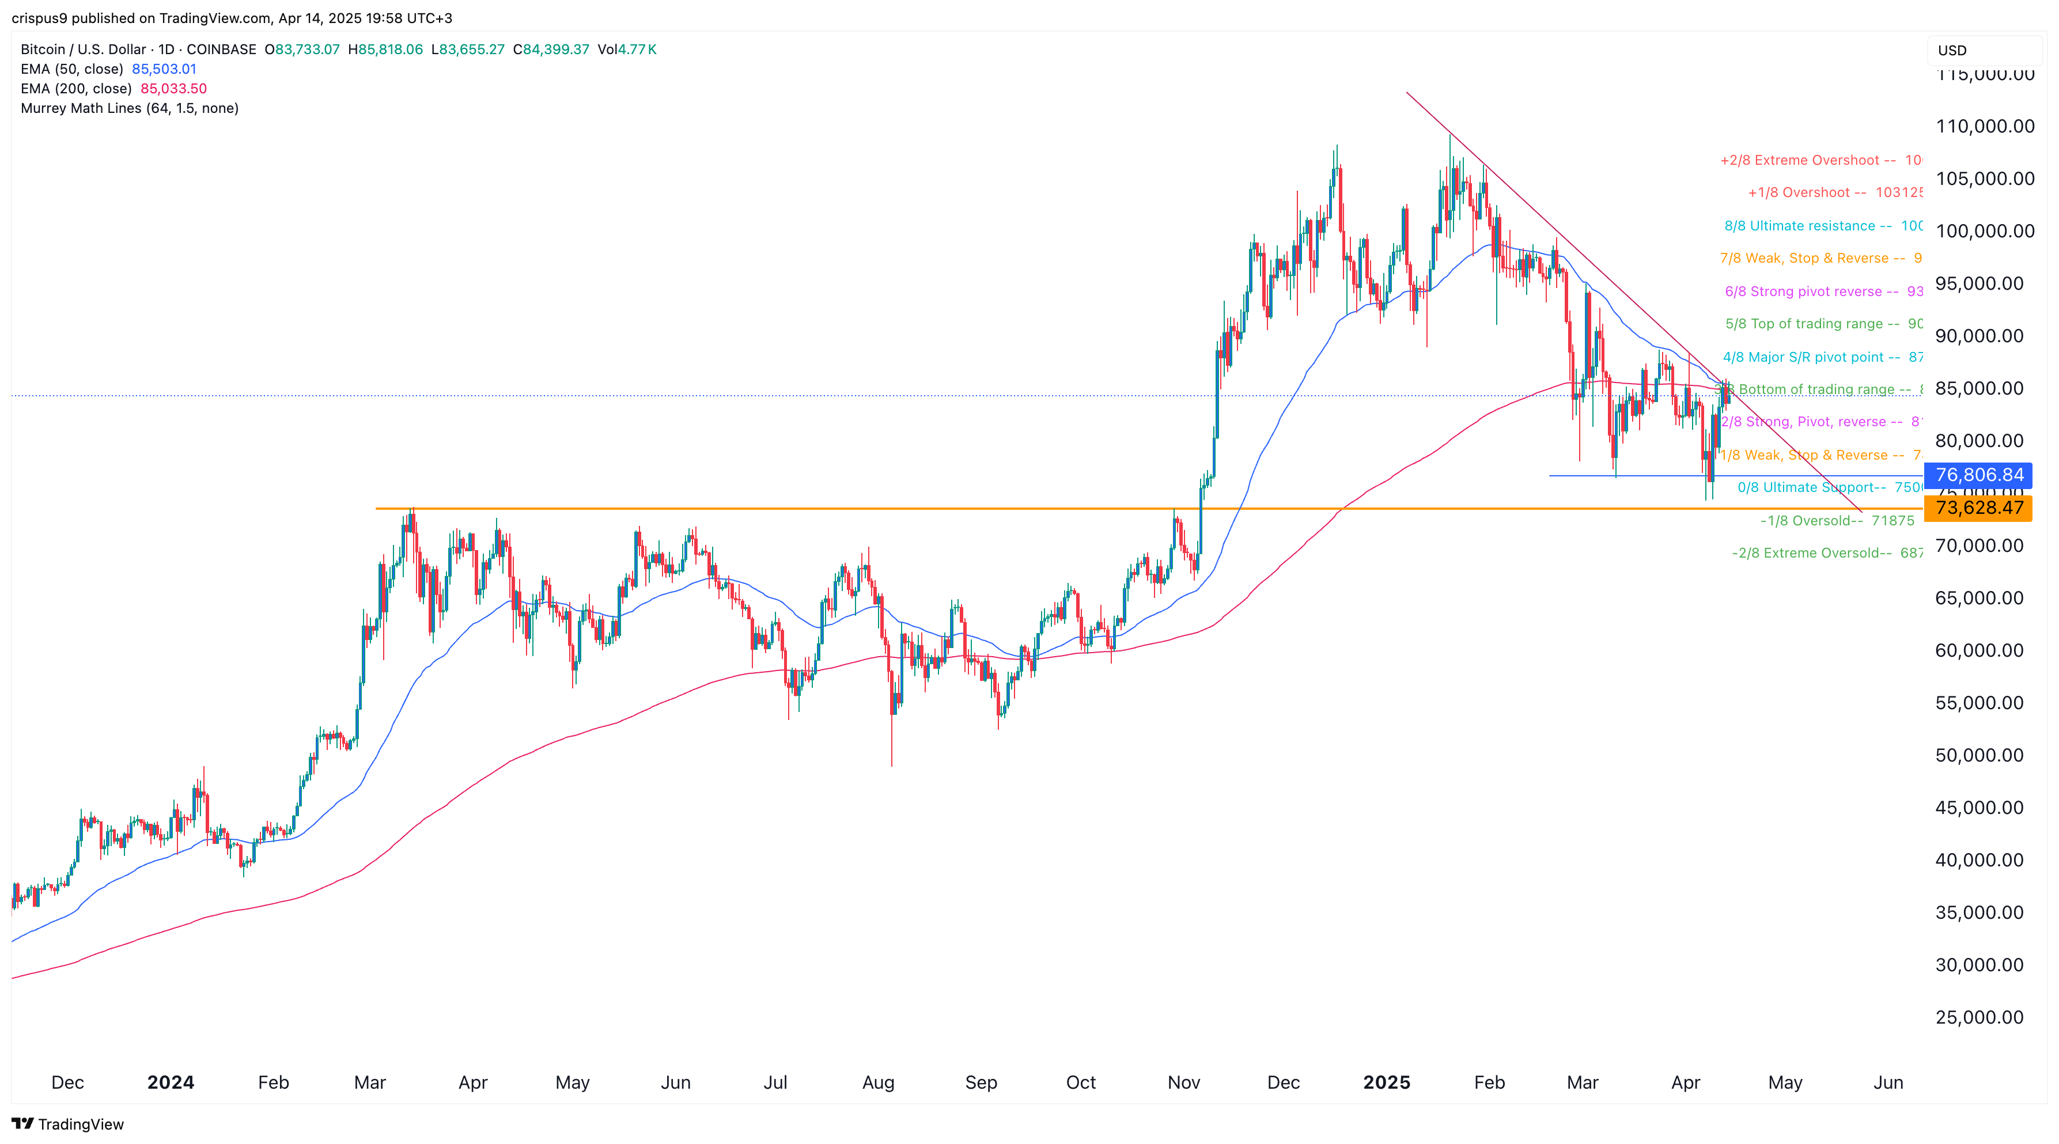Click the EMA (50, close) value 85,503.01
pyautogui.click(x=164, y=69)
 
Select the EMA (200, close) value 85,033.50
pyautogui.click(x=173, y=89)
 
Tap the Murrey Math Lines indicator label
pyautogui.click(x=130, y=108)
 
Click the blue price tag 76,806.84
pyautogui.click(x=1978, y=475)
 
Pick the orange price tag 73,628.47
pyautogui.click(x=1978, y=507)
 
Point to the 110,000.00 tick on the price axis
pyautogui.click(x=1985, y=126)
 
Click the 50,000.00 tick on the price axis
pyautogui.click(x=1979, y=756)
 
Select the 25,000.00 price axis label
pyautogui.click(x=1979, y=1018)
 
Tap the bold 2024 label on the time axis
pyautogui.click(x=171, y=1082)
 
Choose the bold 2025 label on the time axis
pyautogui.click(x=1386, y=1082)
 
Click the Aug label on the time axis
pyautogui.click(x=877, y=1082)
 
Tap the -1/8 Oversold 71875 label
pyautogui.click(x=1837, y=520)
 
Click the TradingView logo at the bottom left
pyautogui.click(x=68, y=1124)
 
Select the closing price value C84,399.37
pyautogui.click(x=551, y=50)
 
